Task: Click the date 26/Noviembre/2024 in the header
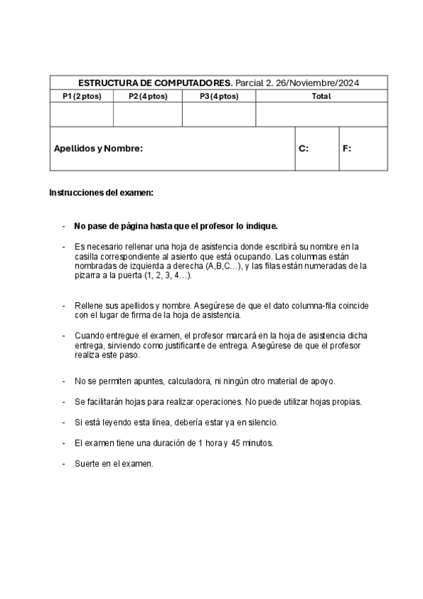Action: (318, 83)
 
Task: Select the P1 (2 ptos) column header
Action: (81, 96)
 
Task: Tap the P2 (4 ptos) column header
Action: (148, 96)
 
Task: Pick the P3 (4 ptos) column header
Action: (219, 96)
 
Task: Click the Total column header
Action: (321, 96)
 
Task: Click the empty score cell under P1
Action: (81, 114)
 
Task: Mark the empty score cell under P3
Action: (219, 114)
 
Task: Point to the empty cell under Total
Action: (321, 114)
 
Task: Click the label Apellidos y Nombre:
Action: (98, 149)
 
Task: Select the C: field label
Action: (304, 149)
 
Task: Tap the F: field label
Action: (347, 149)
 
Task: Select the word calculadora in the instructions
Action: (189, 381)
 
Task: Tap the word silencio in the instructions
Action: (261, 422)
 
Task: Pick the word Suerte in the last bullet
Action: (88, 464)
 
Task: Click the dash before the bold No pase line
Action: (64, 226)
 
